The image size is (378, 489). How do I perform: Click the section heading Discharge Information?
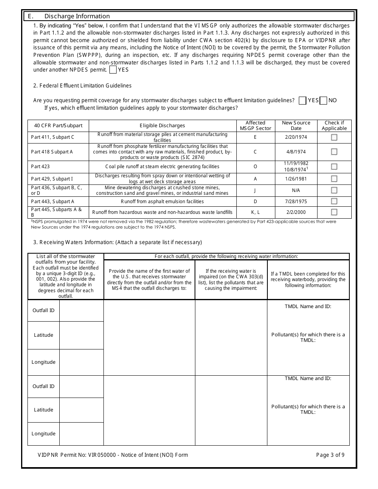tap(77, 16)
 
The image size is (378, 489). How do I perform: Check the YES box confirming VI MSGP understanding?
tap(113, 70)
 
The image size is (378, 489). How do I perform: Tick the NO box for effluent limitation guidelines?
tap(323, 100)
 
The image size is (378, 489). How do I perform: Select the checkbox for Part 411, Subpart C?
tap(334, 137)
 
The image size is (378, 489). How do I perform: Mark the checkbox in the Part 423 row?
tap(334, 167)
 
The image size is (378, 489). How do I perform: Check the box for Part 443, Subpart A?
tap(334, 202)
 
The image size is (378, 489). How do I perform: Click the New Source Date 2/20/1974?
tap(296, 137)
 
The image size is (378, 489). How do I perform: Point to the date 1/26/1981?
tap(296, 179)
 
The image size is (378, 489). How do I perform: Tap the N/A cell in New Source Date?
tap(296, 190)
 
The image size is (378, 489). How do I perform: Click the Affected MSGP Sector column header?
tap(255, 126)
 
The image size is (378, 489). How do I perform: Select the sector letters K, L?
tap(255, 212)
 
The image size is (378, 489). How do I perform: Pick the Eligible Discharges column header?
tap(162, 126)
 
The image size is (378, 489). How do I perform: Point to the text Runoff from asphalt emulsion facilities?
tap(162, 202)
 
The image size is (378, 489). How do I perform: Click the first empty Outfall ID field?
tap(81, 310)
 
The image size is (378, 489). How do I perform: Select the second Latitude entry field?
tap(81, 410)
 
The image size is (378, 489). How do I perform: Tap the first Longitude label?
tap(44, 362)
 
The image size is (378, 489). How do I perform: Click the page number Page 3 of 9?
tap(330, 455)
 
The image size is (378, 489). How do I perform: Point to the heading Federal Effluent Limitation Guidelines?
tap(82, 85)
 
